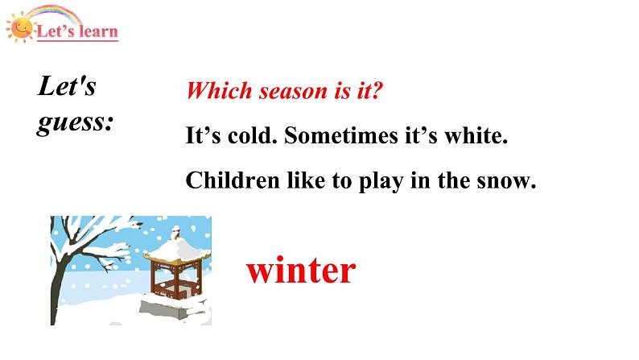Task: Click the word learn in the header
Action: pyautogui.click(x=97, y=32)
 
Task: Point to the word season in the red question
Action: pyautogui.click(x=290, y=91)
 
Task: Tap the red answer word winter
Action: pyautogui.click(x=300, y=271)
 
